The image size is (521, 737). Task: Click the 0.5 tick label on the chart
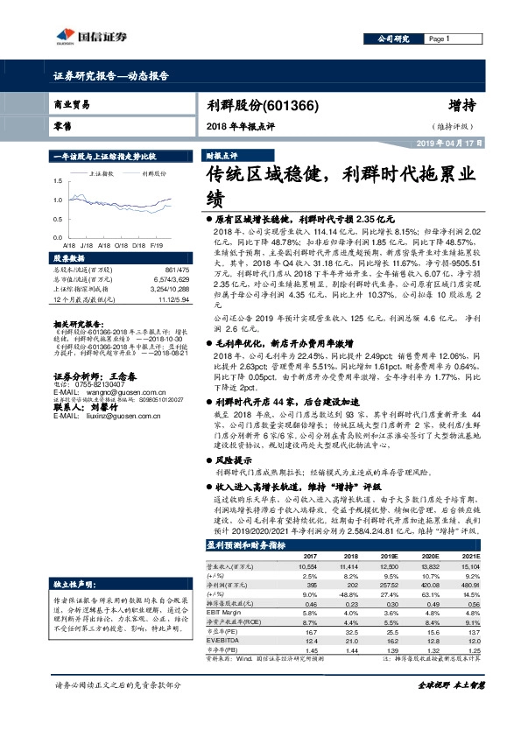click(x=58, y=222)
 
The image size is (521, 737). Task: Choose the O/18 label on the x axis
click(x=138, y=247)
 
